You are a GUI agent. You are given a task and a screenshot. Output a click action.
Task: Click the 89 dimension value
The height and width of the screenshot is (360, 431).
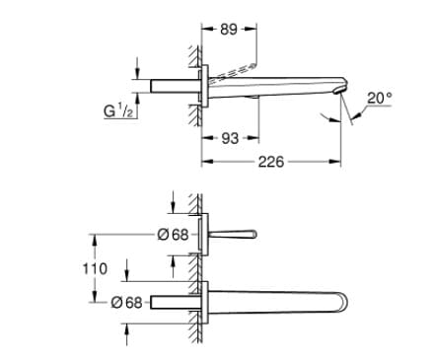pyautogui.click(x=229, y=30)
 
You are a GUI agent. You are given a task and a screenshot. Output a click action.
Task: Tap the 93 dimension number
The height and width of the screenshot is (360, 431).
pyautogui.click(x=230, y=138)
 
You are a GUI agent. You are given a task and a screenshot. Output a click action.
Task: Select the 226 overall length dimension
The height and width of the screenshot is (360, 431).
pyautogui.click(x=271, y=162)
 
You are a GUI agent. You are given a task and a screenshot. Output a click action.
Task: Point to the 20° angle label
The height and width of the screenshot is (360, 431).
pyautogui.click(x=380, y=98)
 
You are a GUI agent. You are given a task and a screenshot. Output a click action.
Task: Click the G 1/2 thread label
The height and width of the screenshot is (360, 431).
pyautogui.click(x=118, y=110)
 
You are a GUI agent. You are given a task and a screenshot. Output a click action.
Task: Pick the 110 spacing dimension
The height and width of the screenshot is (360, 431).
pyautogui.click(x=95, y=268)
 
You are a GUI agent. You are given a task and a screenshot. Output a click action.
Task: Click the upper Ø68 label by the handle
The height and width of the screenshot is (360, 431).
pyautogui.click(x=173, y=235)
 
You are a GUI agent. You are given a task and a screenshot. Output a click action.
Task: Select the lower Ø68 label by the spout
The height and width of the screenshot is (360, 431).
pyautogui.click(x=126, y=302)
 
